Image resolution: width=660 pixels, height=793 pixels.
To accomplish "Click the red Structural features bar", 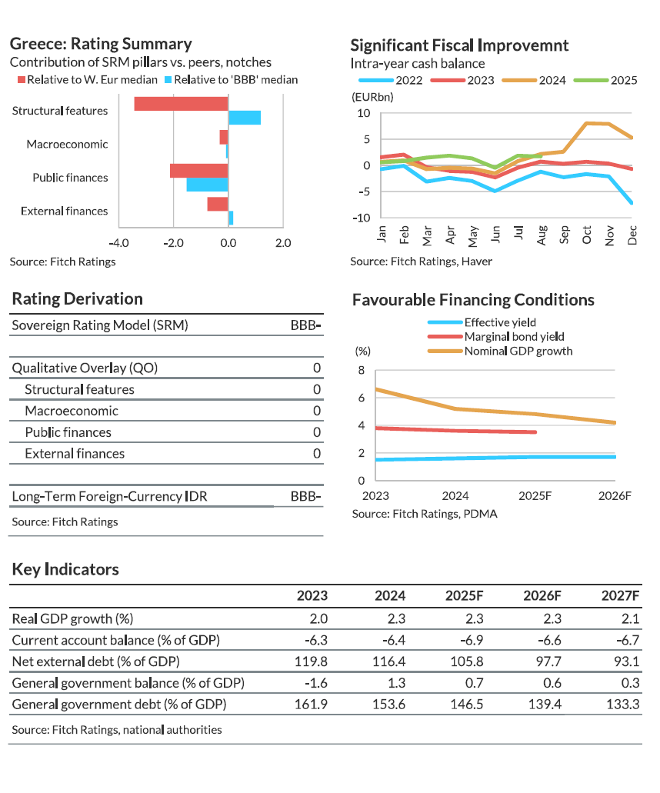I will coord(181,104).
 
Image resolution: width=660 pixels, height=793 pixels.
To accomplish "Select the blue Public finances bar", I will coord(207,185).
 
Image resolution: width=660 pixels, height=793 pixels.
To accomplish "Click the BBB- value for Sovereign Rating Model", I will coord(305,325).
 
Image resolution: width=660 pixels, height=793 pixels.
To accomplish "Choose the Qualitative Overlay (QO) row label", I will coord(85,368).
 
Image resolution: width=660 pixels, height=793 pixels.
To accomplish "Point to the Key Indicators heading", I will coord(65,569).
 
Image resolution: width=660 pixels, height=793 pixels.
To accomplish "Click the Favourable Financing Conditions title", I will coord(473,300).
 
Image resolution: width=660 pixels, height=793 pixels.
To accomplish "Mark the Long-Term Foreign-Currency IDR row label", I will coord(109,496).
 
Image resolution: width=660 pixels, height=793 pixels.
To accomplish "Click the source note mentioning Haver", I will coord(421,262).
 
